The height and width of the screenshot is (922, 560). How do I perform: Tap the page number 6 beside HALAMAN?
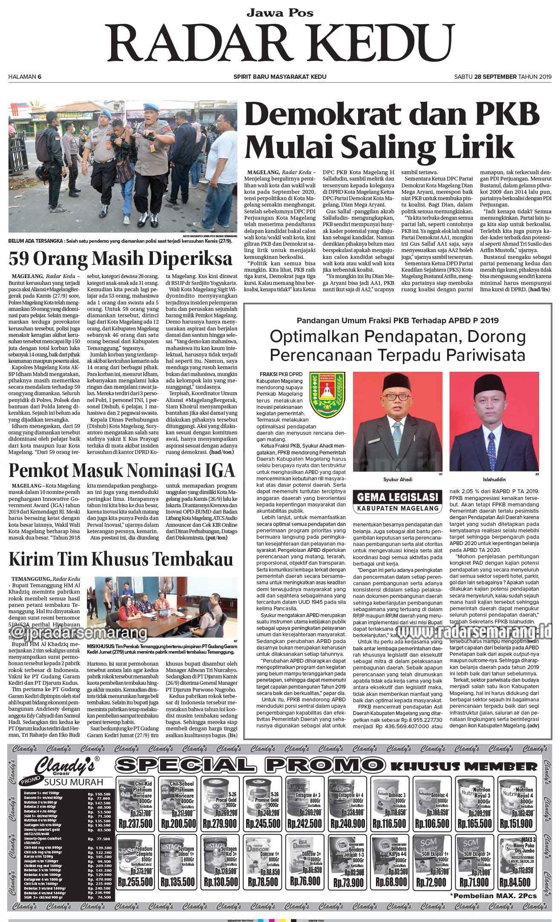point(39,77)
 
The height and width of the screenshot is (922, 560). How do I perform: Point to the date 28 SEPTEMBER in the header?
point(489,77)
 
